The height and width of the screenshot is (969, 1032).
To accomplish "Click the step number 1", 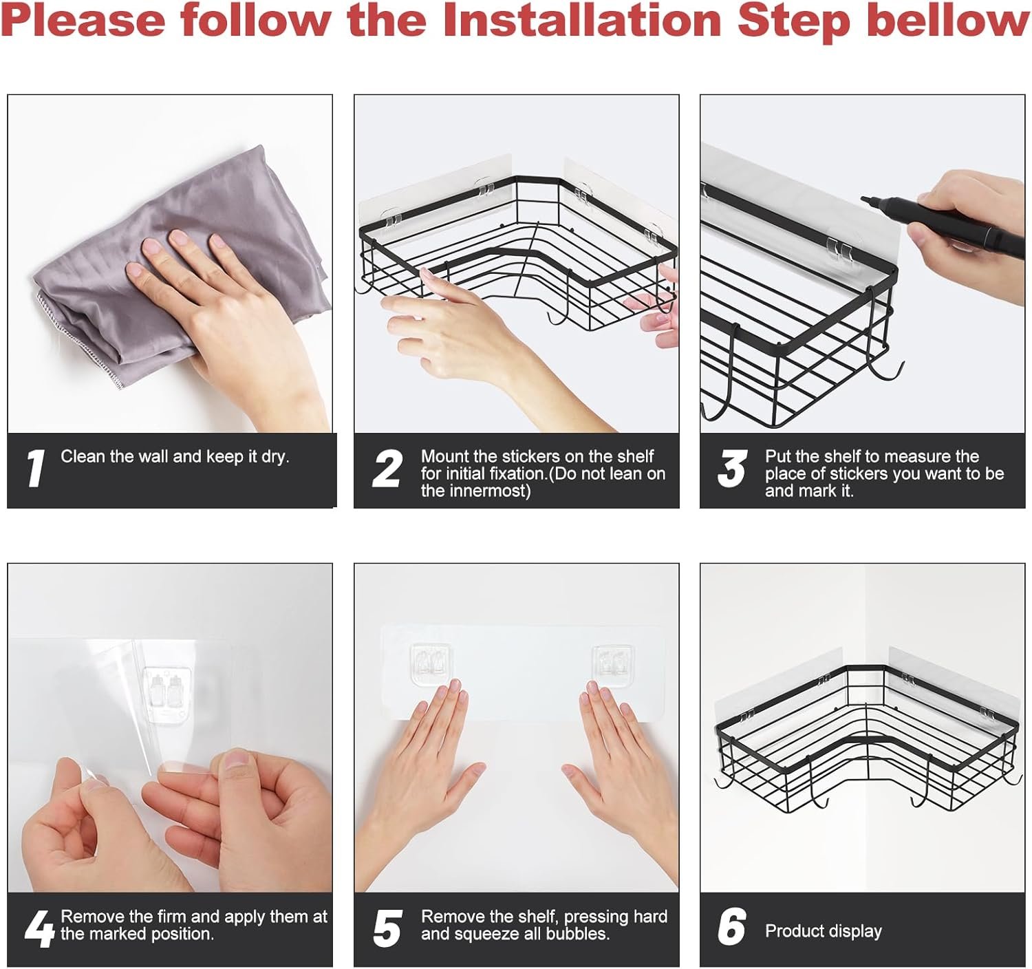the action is (x=35, y=469).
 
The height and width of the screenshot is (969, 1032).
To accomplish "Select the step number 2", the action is (x=387, y=469).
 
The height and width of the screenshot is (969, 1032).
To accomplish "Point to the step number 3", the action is (x=733, y=469).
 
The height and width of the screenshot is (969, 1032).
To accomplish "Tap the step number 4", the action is (x=39, y=929).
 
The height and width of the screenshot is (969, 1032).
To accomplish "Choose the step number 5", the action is (x=387, y=929).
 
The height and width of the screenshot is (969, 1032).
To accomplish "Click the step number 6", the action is (x=733, y=927).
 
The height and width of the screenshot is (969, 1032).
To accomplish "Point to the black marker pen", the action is (x=946, y=224).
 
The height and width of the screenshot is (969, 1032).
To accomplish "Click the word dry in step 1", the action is (x=275, y=457).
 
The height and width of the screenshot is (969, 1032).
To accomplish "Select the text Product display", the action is (x=824, y=931).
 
